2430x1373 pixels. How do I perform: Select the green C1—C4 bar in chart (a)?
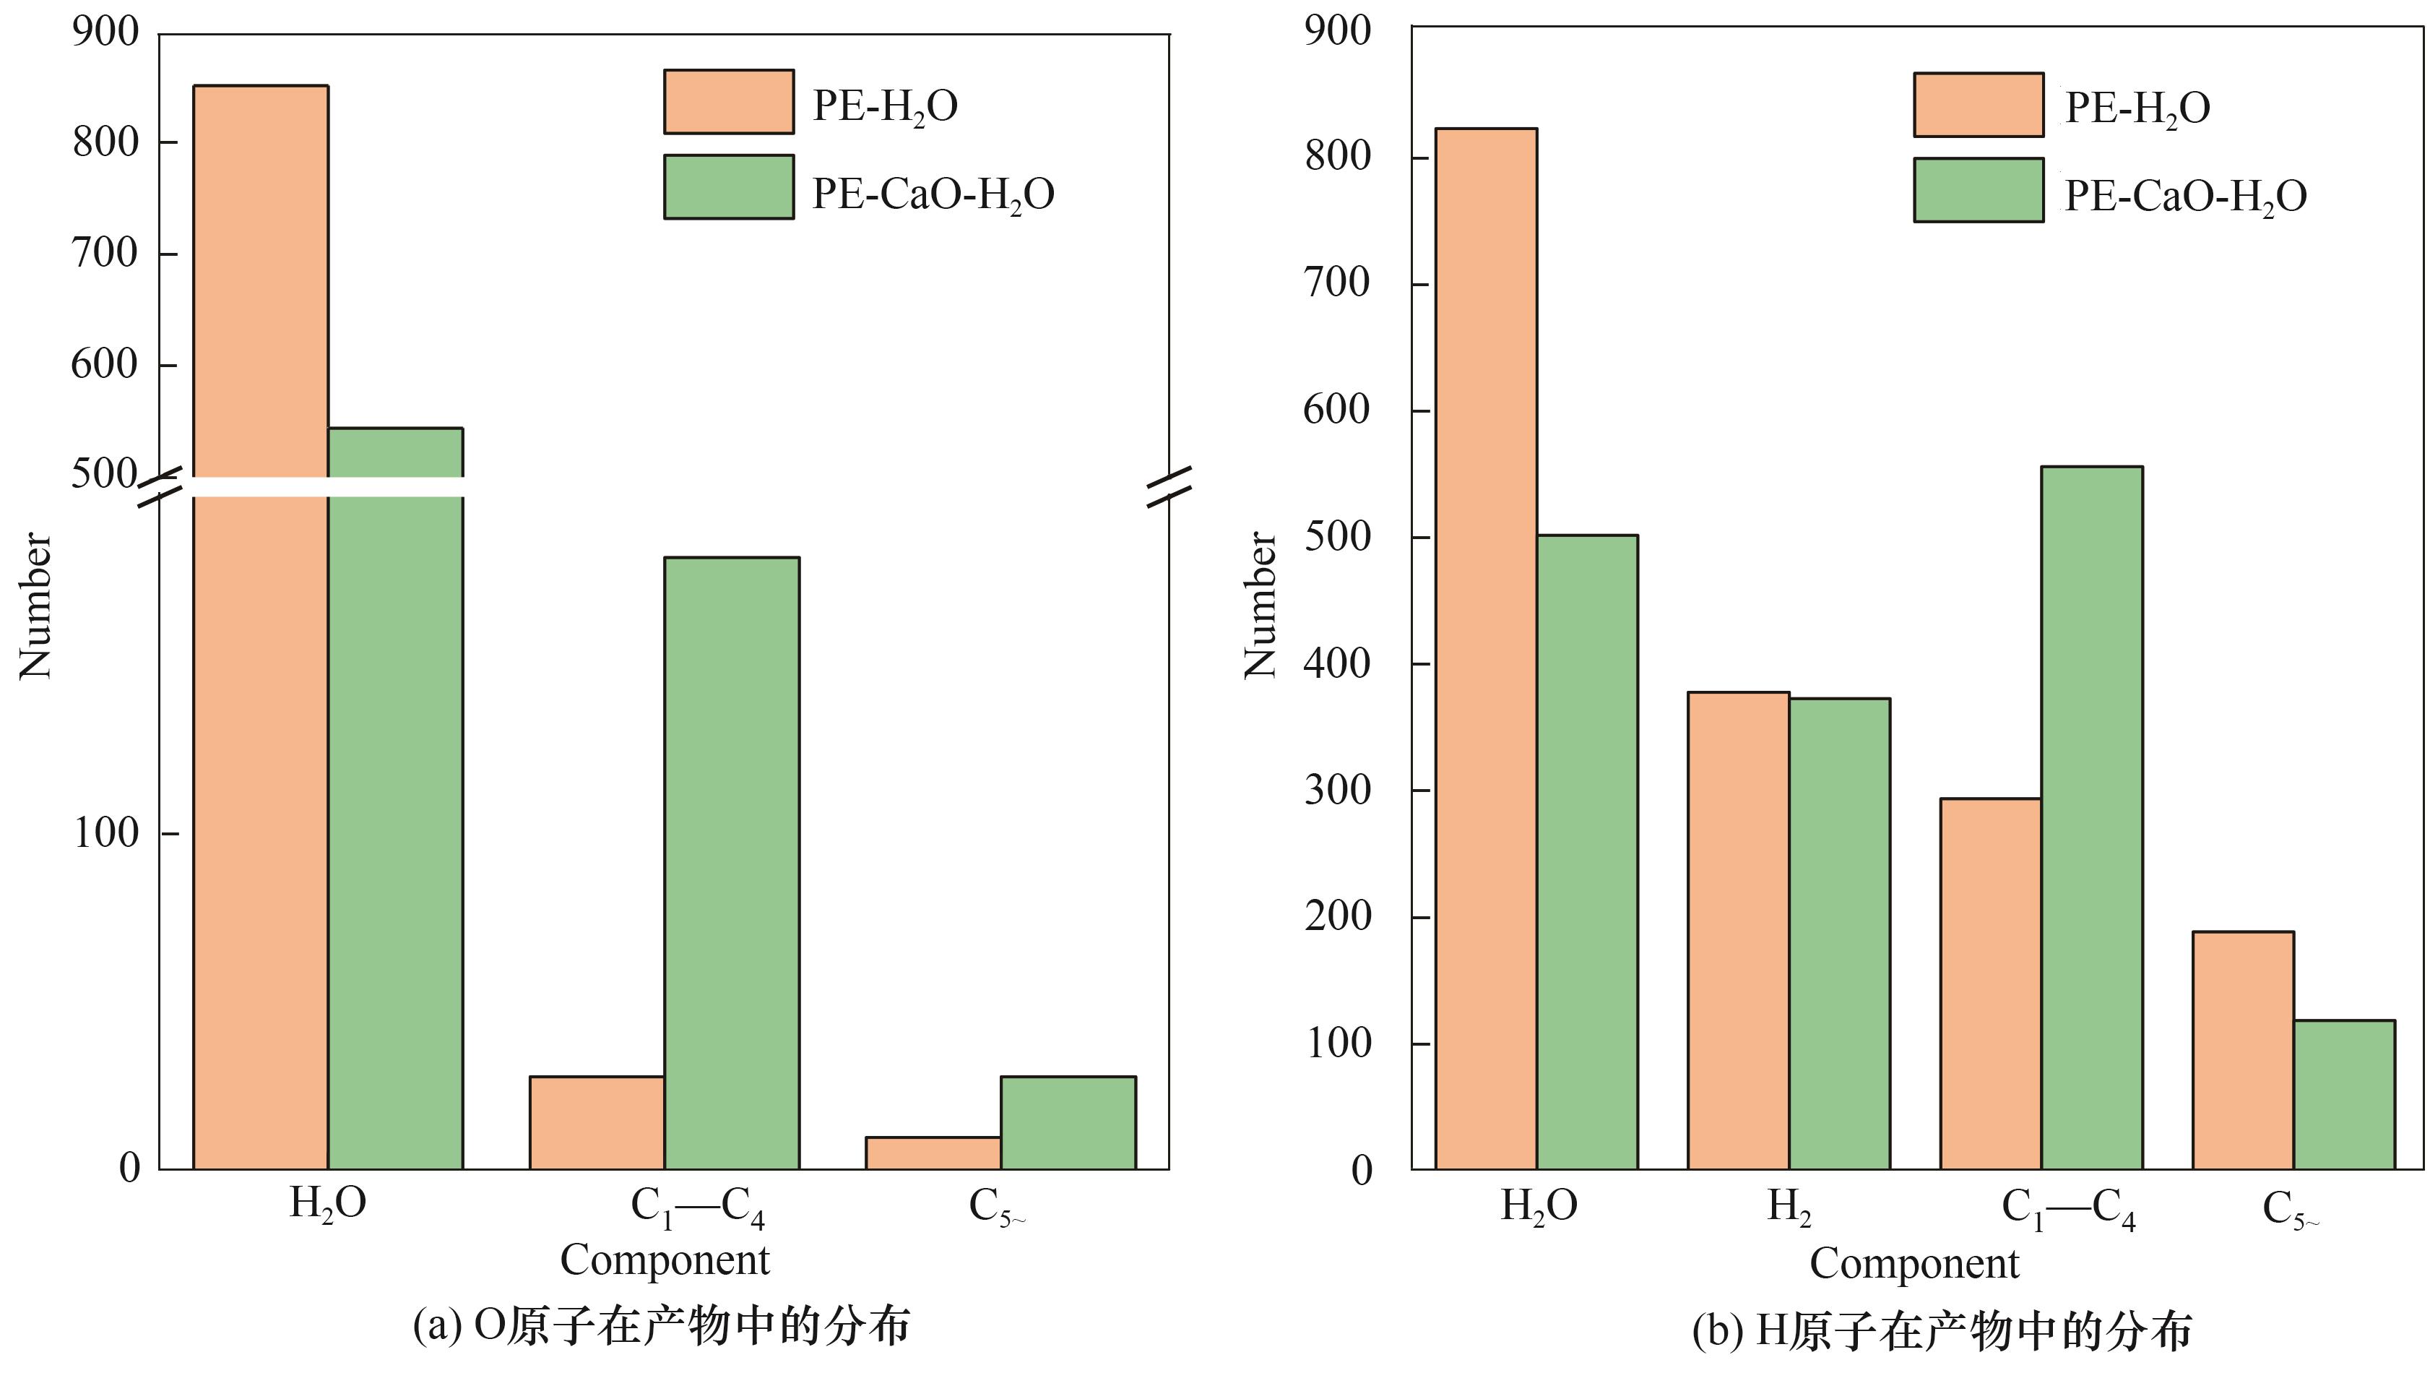[731, 863]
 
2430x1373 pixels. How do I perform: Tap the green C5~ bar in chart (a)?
[1068, 1122]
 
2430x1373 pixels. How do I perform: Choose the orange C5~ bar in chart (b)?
[2242, 1050]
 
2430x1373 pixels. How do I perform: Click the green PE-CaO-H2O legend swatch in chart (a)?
[728, 187]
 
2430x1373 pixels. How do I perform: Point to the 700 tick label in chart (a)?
[105, 253]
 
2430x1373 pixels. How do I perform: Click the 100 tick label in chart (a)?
[105, 832]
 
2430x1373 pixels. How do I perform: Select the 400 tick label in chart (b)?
[1336, 663]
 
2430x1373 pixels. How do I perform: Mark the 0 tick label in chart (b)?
[1361, 1170]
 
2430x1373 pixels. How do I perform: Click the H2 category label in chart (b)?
[1789, 1207]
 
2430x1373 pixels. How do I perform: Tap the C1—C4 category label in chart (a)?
[697, 1207]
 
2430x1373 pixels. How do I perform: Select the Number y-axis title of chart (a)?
[36, 604]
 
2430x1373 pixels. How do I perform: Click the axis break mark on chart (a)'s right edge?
[1169, 487]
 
